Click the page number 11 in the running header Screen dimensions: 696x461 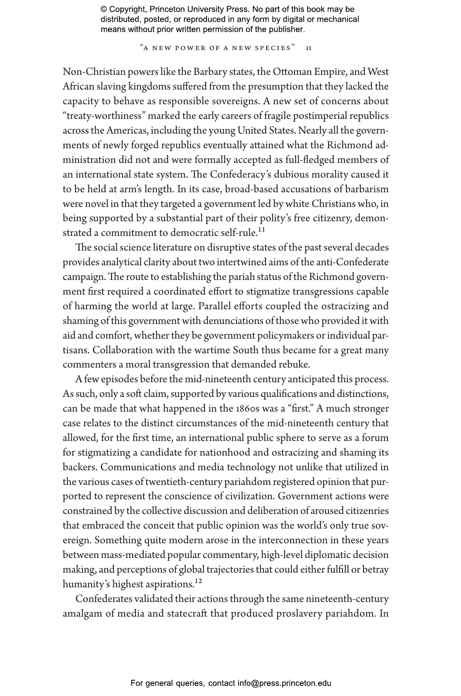(x=309, y=48)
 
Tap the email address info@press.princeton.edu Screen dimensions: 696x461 (x=284, y=683)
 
